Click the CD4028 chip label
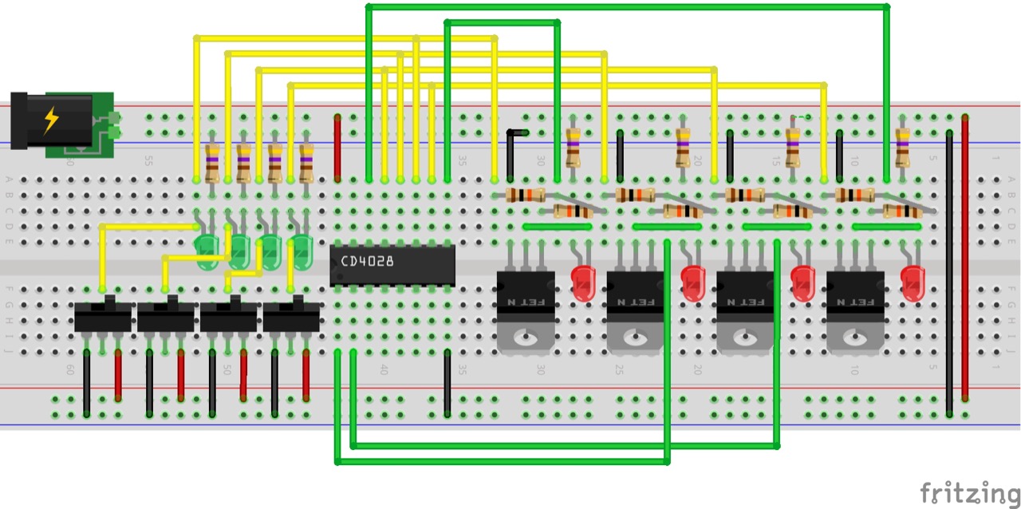tap(367, 261)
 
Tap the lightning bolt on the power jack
tap(51, 120)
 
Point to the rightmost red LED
tap(913, 281)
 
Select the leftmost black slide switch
tap(102, 316)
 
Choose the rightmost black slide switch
tap(291, 316)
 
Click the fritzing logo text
tap(968, 492)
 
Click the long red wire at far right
tap(965, 255)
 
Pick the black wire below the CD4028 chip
tap(447, 383)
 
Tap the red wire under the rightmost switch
tap(306, 375)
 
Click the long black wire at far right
tap(949, 271)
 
